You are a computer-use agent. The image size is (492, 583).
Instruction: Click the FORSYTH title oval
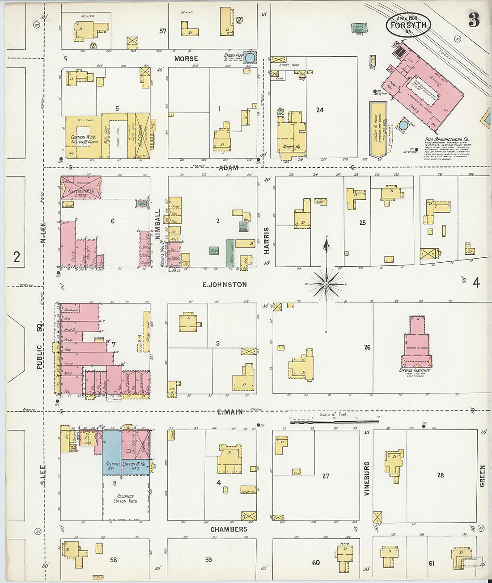point(408,25)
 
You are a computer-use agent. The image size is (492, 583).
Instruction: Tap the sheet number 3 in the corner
point(474,21)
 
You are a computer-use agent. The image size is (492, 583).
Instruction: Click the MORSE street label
point(186,59)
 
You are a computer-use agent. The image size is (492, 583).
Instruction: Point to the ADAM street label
point(229,168)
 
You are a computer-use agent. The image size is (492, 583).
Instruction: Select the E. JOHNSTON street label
point(224,285)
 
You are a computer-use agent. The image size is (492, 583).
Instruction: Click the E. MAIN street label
point(230,412)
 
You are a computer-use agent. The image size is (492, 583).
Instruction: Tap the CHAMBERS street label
point(229,529)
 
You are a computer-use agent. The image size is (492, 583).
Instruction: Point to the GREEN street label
point(482,476)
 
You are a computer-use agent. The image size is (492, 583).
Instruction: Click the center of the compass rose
point(326,284)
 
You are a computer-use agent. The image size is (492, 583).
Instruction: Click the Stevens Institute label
point(415,371)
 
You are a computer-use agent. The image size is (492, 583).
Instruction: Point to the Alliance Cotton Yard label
point(126,499)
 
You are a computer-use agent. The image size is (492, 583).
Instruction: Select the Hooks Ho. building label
point(291,147)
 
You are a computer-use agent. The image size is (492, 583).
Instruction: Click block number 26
point(367,347)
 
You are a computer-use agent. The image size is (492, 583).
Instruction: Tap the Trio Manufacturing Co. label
point(446,139)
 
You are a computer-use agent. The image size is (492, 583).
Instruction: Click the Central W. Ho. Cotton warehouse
point(83,138)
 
